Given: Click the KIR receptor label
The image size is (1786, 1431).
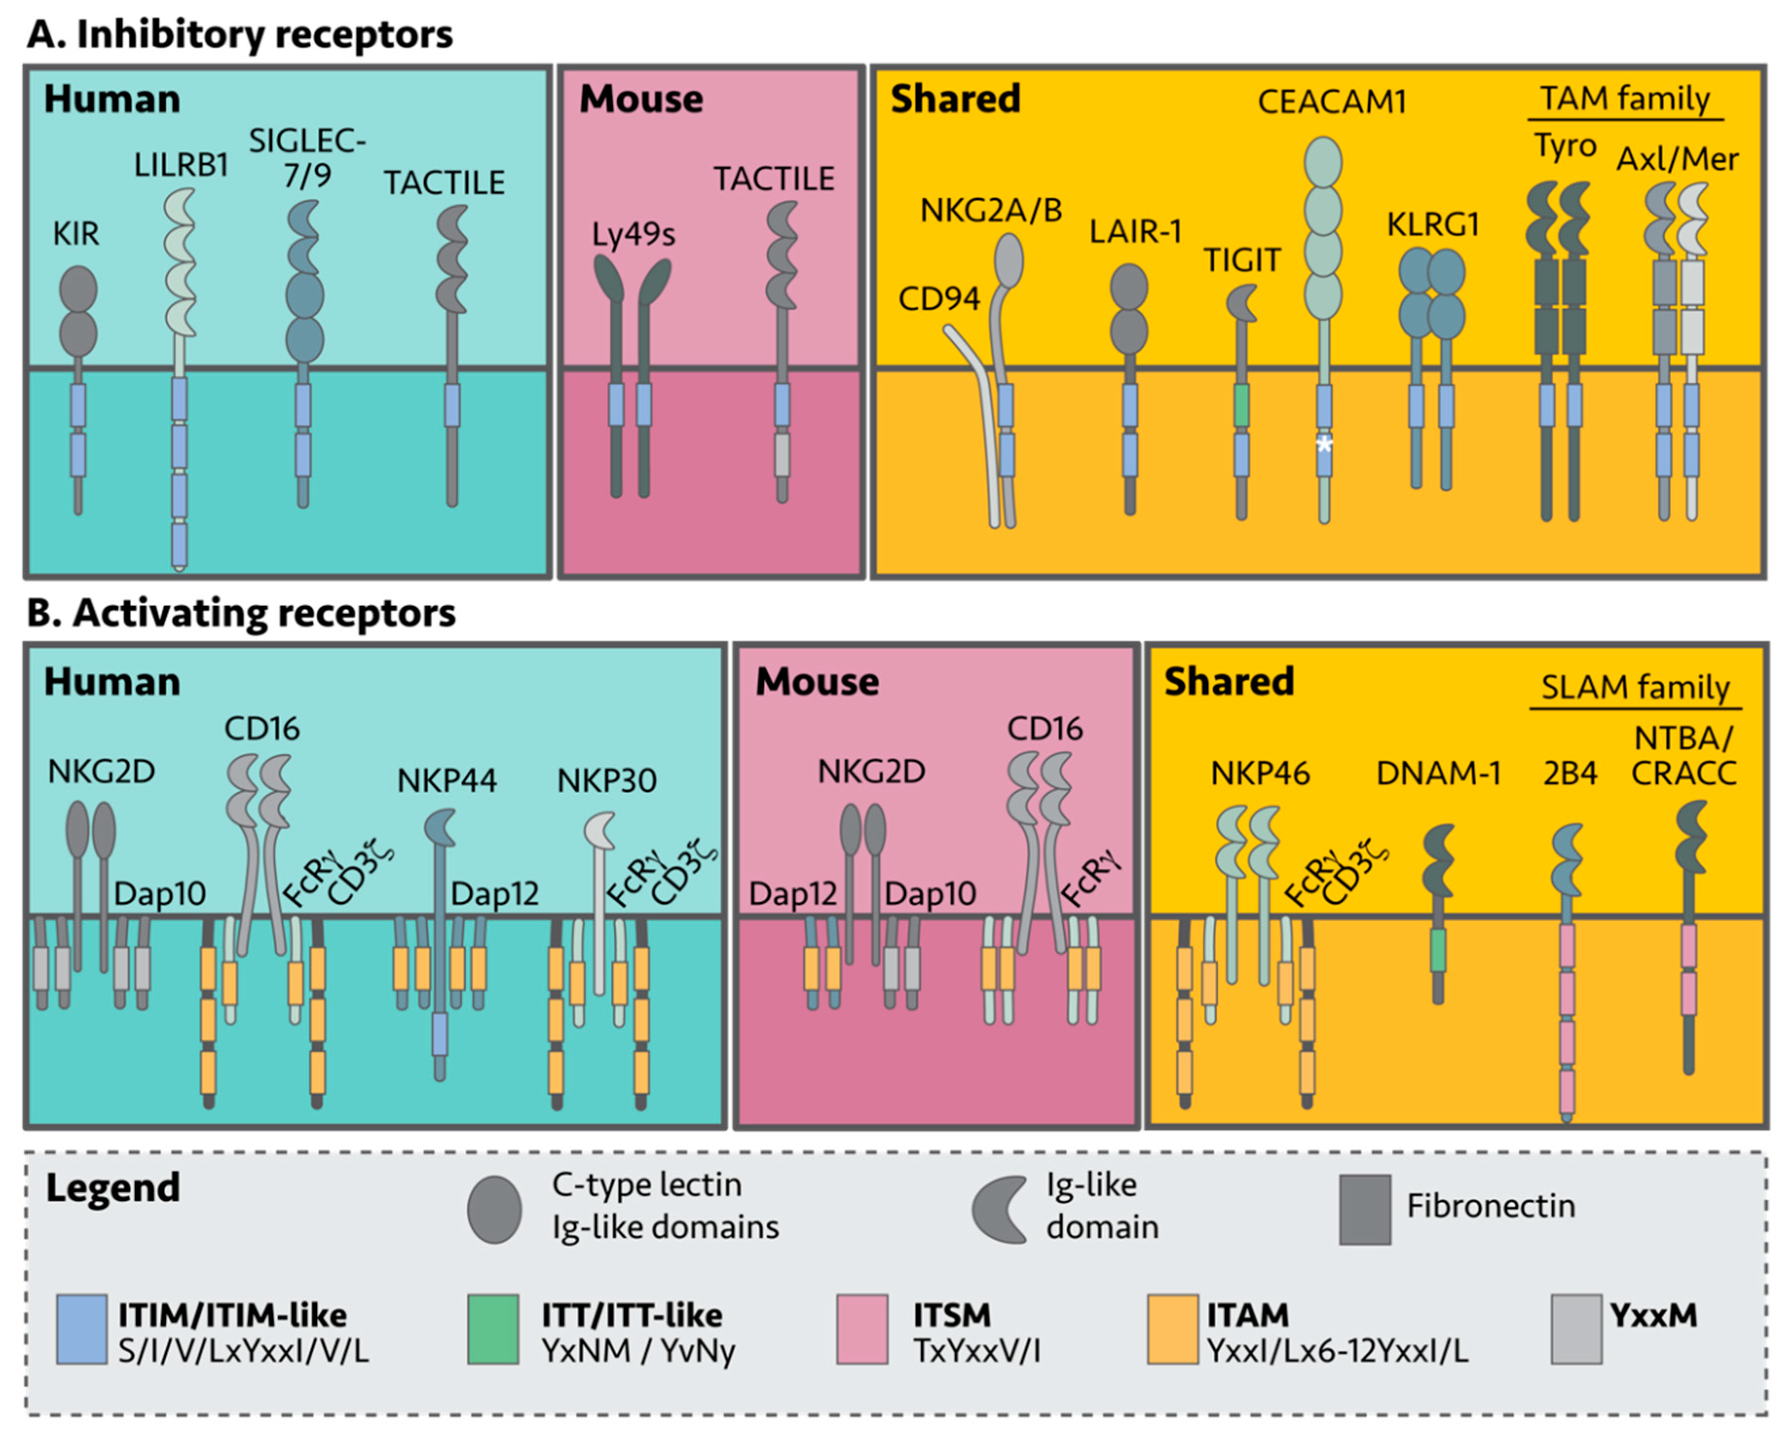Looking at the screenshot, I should coord(76,235).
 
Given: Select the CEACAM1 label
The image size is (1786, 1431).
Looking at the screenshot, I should coord(1332,102).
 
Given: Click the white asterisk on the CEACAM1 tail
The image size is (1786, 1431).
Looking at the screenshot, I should coord(1325,445).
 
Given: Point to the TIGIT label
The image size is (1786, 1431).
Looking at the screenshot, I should coord(1242,261).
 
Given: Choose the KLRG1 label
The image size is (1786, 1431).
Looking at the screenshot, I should coord(1433,225).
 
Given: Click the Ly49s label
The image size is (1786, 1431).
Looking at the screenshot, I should coord(633,235).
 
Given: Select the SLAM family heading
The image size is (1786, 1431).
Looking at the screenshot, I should coord(1635,687).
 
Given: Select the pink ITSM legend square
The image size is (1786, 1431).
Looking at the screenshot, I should coord(862,1329).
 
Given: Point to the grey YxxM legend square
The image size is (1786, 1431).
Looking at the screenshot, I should coord(1576,1329).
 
